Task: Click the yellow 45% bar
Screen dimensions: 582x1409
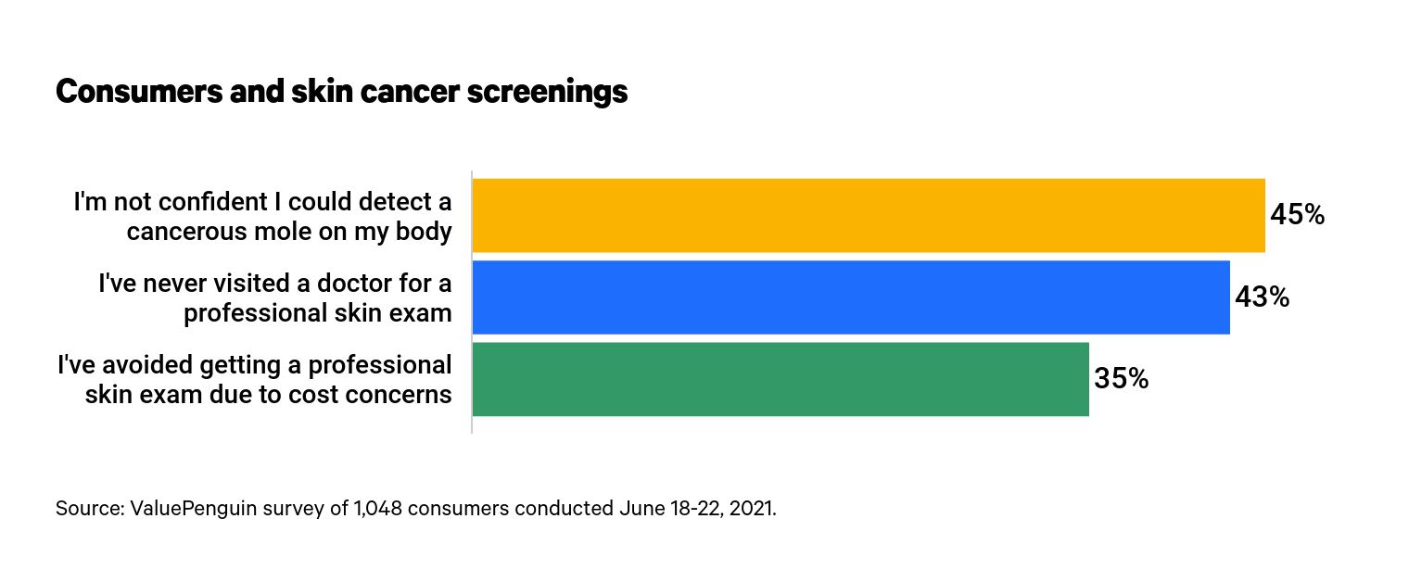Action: pos(869,215)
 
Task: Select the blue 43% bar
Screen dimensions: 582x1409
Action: pos(851,297)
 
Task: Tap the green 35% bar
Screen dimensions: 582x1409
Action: pos(781,379)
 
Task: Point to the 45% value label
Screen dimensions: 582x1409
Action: pos(1297,215)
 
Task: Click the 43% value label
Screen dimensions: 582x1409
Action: pos(1262,297)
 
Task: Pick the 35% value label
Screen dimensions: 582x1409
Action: pos(1121,379)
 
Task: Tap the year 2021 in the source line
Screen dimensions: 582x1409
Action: pos(750,509)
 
